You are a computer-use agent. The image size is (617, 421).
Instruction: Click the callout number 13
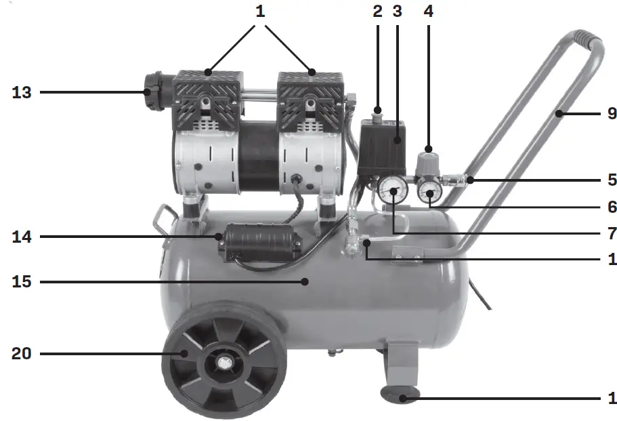22,92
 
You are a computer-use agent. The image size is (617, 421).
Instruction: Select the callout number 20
22,354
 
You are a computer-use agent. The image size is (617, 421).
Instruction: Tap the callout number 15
22,281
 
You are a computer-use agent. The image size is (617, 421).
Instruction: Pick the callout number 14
22,237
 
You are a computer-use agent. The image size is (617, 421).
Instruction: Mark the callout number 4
428,12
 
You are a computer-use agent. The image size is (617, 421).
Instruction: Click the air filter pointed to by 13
156,92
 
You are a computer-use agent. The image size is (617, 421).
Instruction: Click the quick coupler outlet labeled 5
460,180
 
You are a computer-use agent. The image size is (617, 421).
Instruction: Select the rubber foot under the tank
399,394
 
